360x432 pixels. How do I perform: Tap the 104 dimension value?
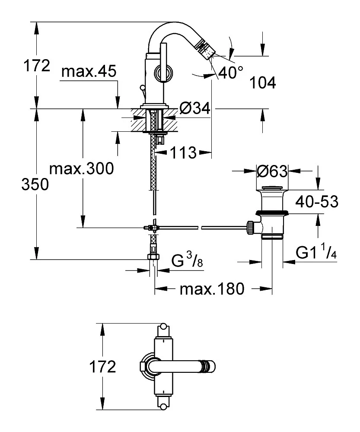point(263,83)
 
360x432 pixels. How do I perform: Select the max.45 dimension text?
point(89,72)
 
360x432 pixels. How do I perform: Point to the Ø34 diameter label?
point(194,109)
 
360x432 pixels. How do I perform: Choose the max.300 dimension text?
point(82,168)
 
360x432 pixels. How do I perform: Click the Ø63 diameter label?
point(272,172)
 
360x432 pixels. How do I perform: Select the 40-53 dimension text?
point(316,201)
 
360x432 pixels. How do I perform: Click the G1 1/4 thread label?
point(316,252)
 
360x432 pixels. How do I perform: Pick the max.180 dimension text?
point(212,289)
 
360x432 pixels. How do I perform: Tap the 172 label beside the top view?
point(102,367)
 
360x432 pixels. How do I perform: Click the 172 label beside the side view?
point(37,66)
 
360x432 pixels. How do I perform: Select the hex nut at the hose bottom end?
point(153,257)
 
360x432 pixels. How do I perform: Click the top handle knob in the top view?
point(163,326)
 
